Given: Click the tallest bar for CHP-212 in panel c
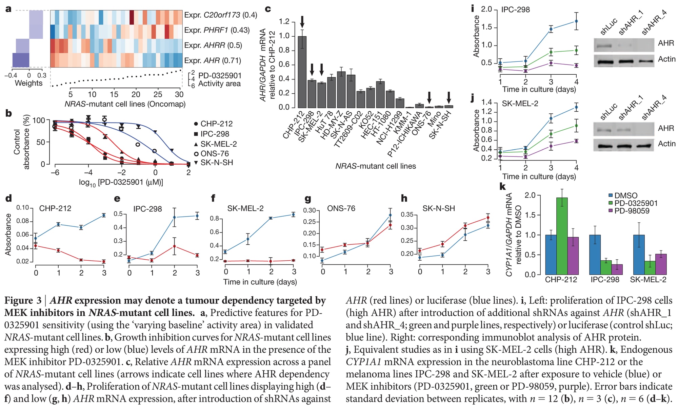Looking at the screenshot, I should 302,72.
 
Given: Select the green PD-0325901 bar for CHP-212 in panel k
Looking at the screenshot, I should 562,236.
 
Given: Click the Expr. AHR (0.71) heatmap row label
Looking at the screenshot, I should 213,61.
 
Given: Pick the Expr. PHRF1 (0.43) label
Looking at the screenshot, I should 217,30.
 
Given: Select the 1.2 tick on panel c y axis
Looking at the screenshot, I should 284,22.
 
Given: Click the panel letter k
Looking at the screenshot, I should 503,186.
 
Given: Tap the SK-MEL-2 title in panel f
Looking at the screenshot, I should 245,208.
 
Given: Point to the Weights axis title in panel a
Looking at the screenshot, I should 28,83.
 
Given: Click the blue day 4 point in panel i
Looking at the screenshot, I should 576,21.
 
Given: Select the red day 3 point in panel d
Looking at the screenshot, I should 104,261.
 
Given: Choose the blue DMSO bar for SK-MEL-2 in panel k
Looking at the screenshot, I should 639,255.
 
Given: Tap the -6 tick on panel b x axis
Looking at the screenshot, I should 55,172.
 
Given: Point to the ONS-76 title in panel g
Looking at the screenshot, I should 341,208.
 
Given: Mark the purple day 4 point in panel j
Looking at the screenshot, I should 576,141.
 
